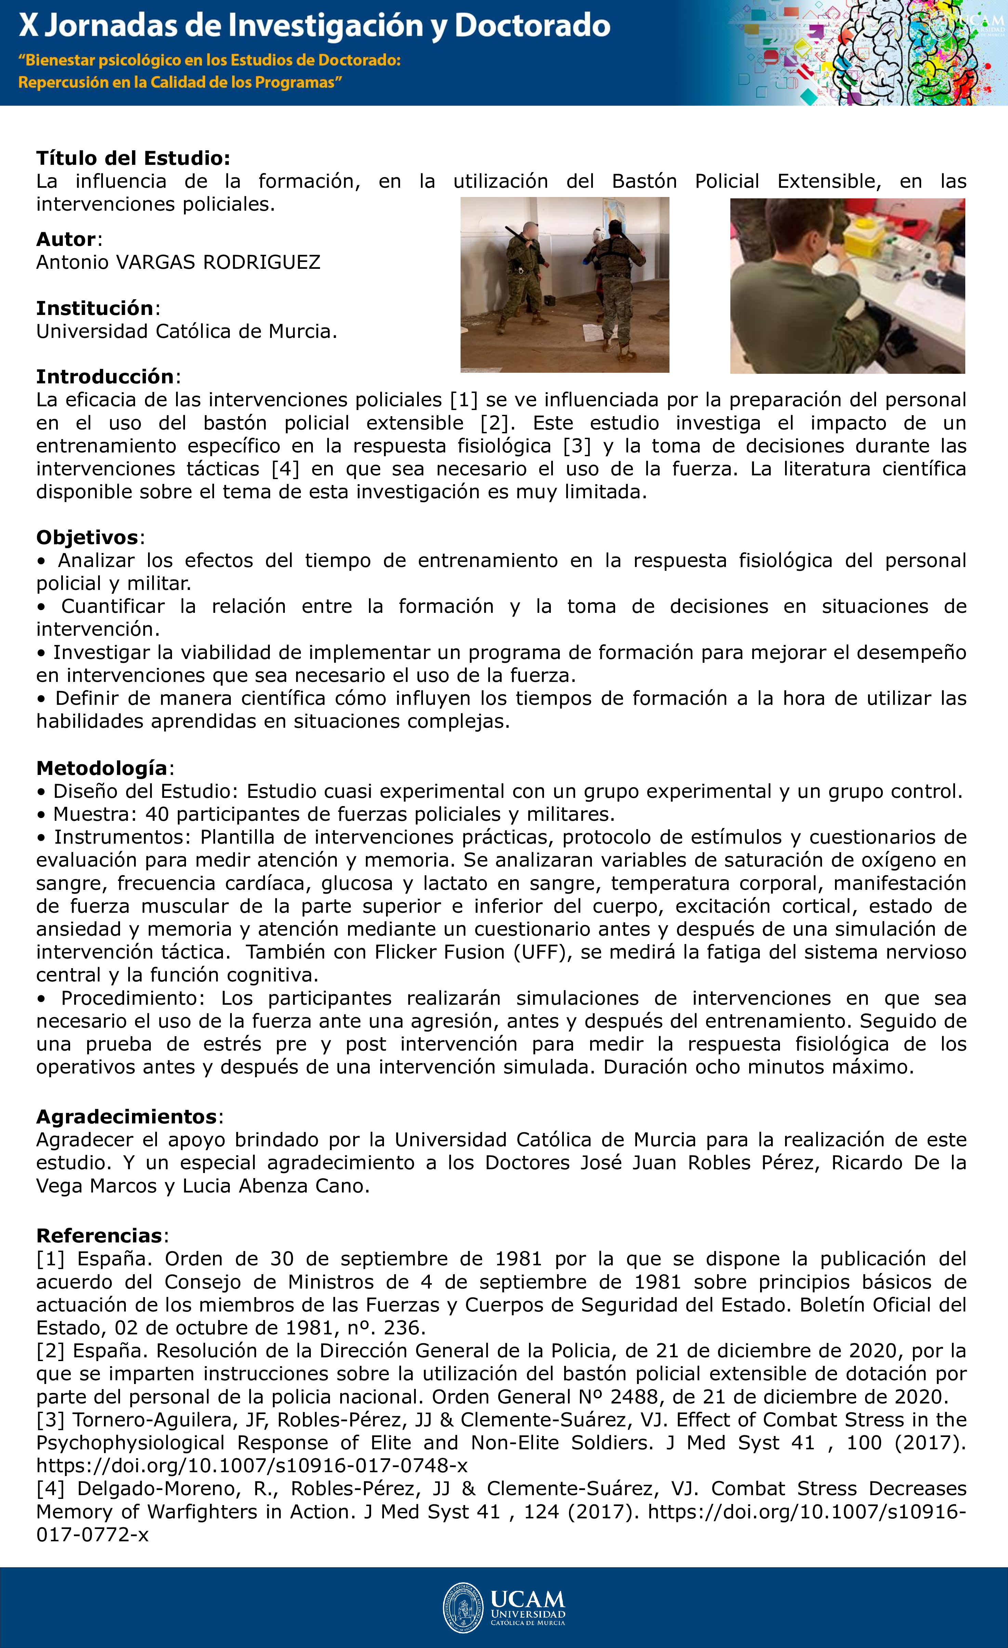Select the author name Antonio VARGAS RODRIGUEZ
tap(178, 262)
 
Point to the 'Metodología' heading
tap(102, 768)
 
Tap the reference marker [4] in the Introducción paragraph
tap(286, 469)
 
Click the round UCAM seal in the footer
tap(463, 1608)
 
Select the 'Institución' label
tap(95, 308)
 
